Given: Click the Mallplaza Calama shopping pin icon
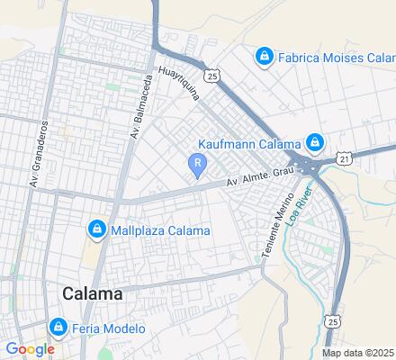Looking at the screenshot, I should pos(96,229).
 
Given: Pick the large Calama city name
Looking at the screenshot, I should pos(94,293).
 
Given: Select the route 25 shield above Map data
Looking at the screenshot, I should pos(333,320).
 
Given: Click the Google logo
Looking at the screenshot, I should pos(29,349).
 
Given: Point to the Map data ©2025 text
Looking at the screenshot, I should pos(358,353).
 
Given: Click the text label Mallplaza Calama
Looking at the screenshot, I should pos(160,230).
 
